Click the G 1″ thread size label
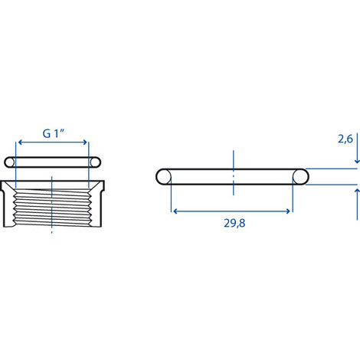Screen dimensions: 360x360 coord(54,133)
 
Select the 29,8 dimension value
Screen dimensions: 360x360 coord(234,223)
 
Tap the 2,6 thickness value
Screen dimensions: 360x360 coord(345,139)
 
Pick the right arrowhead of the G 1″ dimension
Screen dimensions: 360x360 coord(84,142)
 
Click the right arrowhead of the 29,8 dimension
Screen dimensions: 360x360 coord(287,211)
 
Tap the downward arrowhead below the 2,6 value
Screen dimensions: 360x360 coord(357,161)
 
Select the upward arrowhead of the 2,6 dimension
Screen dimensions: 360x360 coord(357,192)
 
